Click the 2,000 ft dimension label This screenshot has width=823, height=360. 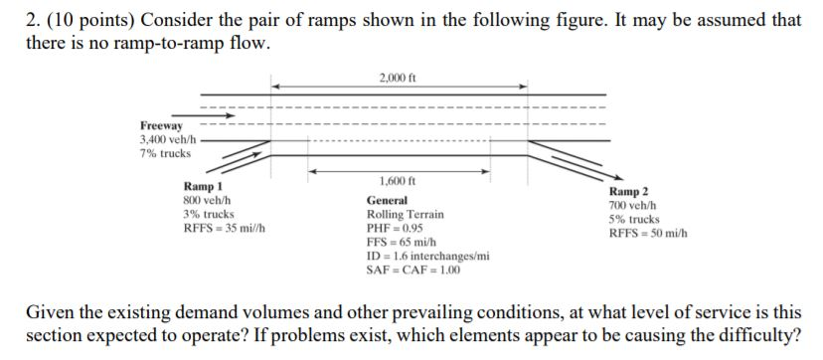[x=398, y=78]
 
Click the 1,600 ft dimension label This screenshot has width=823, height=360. [x=398, y=181]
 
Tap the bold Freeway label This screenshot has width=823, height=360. [x=161, y=126]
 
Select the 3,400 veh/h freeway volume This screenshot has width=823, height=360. [x=168, y=140]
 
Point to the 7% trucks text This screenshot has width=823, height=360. [x=164, y=153]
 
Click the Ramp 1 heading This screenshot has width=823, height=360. [x=203, y=187]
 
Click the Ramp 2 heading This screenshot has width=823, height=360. [x=629, y=192]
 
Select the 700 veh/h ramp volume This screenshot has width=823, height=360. [x=633, y=205]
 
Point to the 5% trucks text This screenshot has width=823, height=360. [x=634, y=219]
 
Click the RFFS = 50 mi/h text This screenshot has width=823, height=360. [x=648, y=233]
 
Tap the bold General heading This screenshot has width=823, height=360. [x=387, y=201]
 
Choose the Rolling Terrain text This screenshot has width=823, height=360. [x=406, y=214]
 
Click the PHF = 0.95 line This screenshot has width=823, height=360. [x=395, y=228]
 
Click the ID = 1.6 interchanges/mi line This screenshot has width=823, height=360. [x=428, y=256]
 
